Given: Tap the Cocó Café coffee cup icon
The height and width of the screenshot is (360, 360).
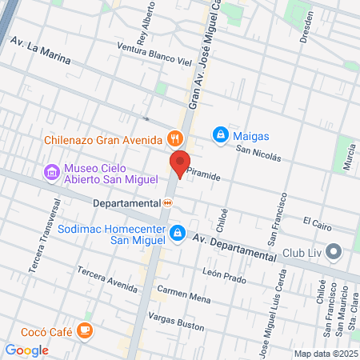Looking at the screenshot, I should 85,330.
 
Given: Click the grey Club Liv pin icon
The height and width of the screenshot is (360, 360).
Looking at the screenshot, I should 334,253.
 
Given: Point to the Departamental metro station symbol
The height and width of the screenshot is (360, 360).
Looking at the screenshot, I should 167,203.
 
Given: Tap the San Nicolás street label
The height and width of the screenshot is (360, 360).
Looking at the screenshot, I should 258,152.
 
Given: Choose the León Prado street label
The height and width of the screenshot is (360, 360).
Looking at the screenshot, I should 223,273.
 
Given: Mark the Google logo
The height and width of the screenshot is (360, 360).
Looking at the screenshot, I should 26,350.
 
